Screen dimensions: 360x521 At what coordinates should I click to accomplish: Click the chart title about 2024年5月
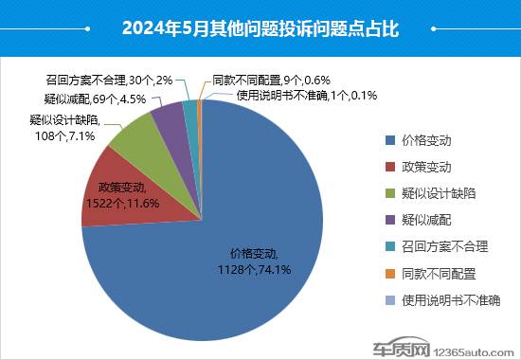click(x=260, y=28)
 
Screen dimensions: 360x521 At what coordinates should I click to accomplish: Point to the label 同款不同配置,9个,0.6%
click(x=284, y=81)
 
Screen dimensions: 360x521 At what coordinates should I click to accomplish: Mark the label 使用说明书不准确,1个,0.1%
click(x=307, y=95)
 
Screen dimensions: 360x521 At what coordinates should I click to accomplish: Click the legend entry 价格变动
click(x=426, y=140)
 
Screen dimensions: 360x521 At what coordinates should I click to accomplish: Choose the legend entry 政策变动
click(x=426, y=167)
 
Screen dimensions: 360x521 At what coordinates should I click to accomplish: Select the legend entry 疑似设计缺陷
click(x=439, y=193)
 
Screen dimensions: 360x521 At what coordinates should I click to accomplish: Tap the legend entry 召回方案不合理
click(x=444, y=247)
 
